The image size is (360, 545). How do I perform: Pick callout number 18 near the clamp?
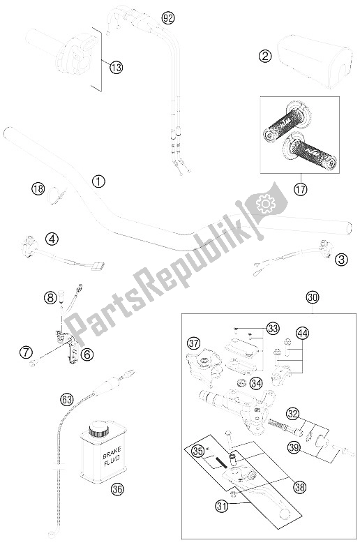(38, 187)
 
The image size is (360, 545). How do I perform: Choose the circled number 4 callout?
(52, 238)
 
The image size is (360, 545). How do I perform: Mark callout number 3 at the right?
(341, 260)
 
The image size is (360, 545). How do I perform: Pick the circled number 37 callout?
(193, 343)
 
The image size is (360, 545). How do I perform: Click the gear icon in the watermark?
(264, 203)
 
